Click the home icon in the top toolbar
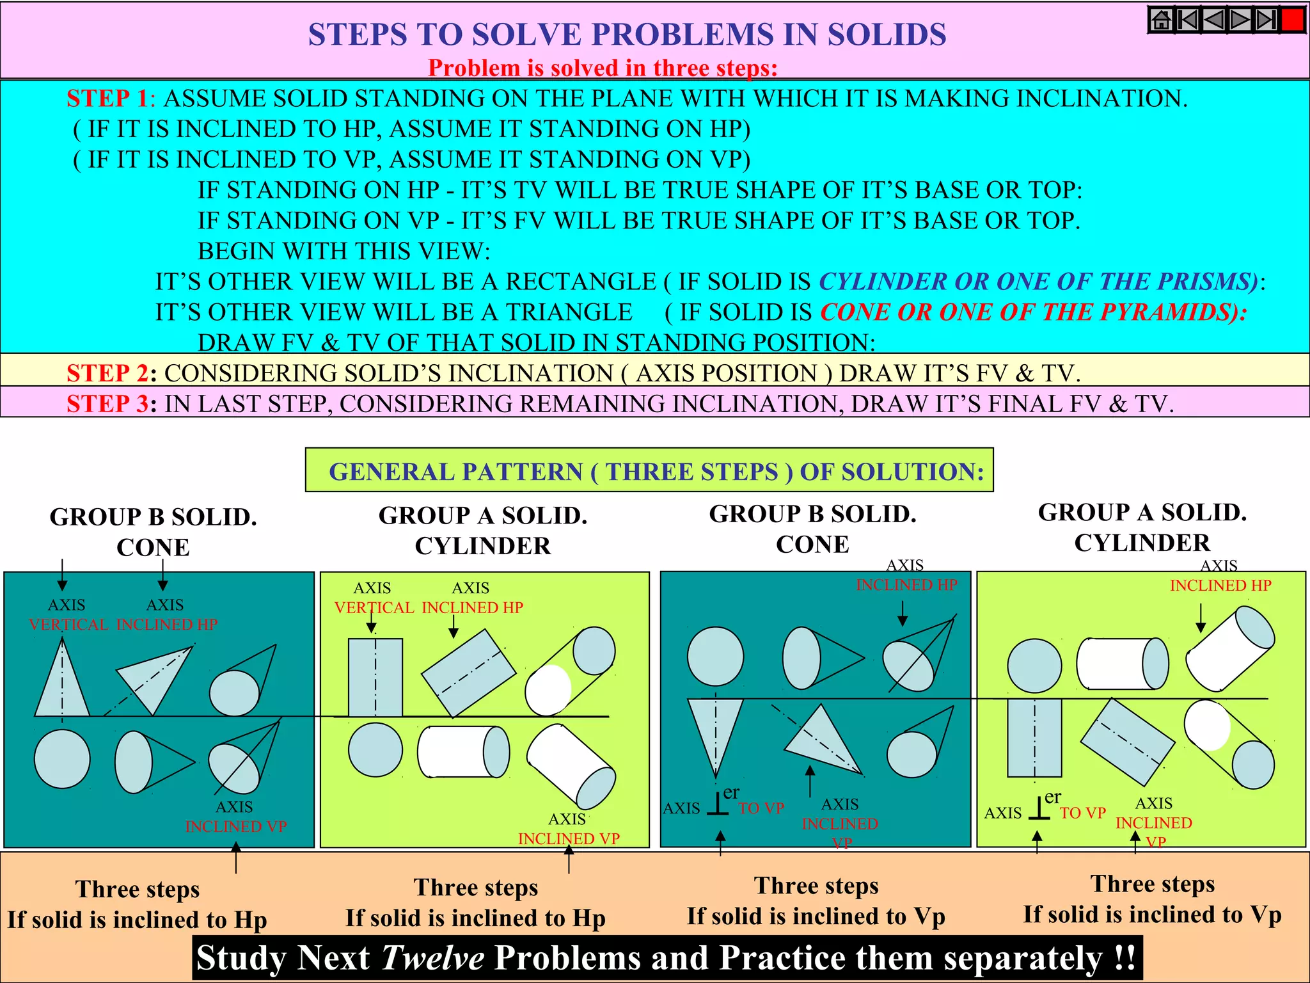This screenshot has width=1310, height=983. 1162,20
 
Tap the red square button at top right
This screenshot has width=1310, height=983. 1293,20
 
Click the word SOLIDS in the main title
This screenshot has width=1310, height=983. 887,35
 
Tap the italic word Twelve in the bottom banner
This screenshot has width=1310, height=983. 432,958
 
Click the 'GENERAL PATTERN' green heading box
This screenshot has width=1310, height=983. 649,471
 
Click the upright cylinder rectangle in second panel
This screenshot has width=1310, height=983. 375,677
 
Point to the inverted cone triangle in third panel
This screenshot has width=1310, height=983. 715,730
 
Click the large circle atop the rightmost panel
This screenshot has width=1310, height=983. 1034,666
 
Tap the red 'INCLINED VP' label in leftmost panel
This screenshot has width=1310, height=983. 235,826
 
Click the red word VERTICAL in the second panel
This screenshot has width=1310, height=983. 374,607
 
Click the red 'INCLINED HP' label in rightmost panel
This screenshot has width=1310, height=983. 1220,585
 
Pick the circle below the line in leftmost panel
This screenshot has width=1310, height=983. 62,759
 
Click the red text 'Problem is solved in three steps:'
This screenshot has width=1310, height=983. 603,68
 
